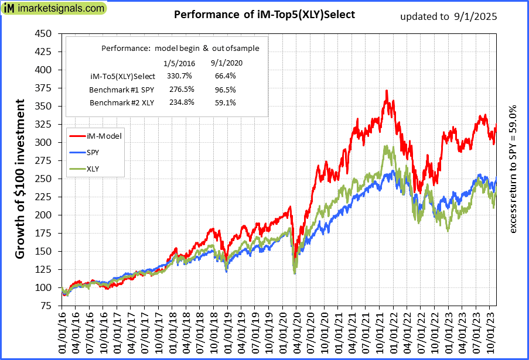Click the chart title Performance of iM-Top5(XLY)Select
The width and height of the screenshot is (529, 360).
pyautogui.click(x=265, y=15)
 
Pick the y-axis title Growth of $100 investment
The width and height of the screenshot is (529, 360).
pyautogui.click(x=20, y=179)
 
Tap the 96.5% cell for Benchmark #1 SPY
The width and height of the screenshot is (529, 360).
pyautogui.click(x=224, y=90)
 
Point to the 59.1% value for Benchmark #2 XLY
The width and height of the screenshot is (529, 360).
pyautogui.click(x=224, y=102)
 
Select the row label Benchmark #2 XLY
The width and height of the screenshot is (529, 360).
pyautogui.click(x=122, y=102)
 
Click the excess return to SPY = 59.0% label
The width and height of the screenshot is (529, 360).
pyautogui.click(x=514, y=170)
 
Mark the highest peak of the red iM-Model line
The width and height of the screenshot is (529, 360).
pyautogui.click(x=387, y=91)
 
